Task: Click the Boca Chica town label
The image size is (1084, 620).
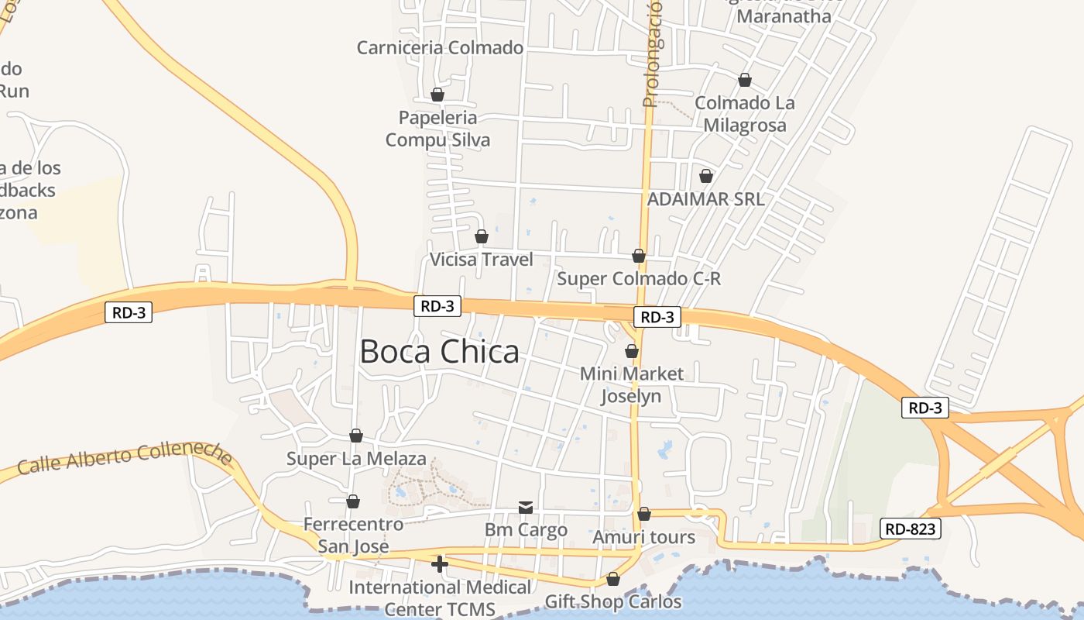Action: point(439,352)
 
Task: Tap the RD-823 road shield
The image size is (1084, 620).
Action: point(911,529)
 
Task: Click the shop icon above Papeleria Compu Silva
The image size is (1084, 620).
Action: point(437,95)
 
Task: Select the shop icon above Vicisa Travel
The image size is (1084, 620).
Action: point(482,236)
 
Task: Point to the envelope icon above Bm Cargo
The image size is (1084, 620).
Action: point(526,508)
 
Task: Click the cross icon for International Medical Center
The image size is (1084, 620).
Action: point(440,564)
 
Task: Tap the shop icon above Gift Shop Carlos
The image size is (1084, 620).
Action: point(613,579)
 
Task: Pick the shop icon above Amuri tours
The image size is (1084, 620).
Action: point(644,514)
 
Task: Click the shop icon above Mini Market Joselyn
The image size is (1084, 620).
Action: point(632,351)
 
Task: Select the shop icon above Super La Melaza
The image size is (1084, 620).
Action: point(356,436)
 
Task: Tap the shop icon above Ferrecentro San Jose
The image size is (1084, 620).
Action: point(353,501)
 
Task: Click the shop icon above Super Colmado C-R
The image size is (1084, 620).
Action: point(639,256)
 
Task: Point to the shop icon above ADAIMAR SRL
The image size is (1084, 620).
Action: point(705,177)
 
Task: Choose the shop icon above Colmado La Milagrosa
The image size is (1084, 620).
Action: point(745,80)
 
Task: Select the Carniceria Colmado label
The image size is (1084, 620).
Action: point(440,48)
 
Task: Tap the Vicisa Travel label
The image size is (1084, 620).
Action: point(482,260)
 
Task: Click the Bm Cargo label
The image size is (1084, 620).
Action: point(526,531)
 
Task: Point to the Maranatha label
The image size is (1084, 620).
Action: point(784,15)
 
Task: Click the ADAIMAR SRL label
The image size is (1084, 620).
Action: point(705,199)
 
